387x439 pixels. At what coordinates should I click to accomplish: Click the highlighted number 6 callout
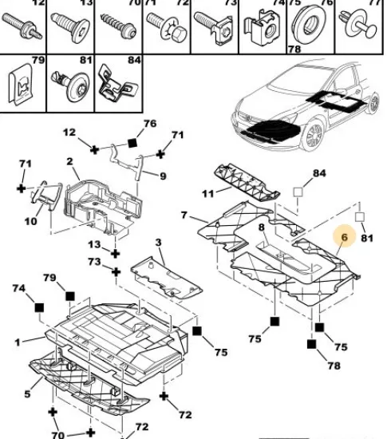[344, 237]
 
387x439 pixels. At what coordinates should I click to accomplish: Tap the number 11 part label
[207, 193]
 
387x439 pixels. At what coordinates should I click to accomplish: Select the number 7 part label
[184, 215]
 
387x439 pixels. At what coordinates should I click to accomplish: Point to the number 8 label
[261, 227]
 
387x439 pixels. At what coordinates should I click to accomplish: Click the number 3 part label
[158, 242]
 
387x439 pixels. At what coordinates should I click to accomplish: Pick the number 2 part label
[69, 161]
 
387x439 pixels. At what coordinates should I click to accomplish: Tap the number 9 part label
[163, 176]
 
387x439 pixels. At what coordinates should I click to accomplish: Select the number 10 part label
[31, 222]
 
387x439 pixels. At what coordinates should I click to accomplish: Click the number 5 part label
[27, 394]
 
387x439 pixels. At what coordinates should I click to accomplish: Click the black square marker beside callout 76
[132, 143]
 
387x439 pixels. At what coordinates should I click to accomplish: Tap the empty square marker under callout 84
[298, 192]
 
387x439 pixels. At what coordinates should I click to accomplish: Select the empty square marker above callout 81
[360, 216]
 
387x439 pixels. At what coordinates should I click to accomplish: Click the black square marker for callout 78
[311, 344]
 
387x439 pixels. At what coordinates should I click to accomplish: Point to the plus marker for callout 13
[115, 254]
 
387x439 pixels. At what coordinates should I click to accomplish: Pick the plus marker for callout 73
[116, 272]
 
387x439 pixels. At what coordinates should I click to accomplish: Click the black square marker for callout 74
[39, 307]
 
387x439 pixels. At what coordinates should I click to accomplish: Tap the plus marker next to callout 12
[95, 150]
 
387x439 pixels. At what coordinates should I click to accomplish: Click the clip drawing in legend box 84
[118, 84]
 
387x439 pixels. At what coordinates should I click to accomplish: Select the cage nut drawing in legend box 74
[262, 27]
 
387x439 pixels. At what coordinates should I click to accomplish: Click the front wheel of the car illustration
[314, 135]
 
